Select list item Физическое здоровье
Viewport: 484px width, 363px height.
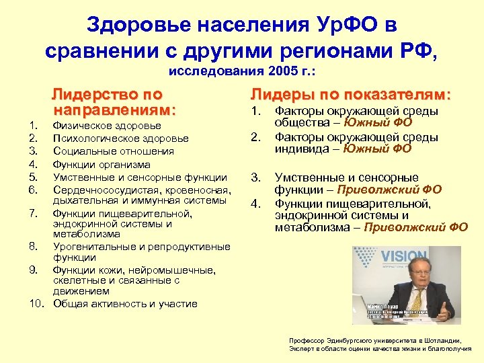click(107, 126)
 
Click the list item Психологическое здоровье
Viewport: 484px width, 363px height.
click(122, 138)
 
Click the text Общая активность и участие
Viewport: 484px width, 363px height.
click(125, 304)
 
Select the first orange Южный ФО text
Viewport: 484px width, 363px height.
click(378, 122)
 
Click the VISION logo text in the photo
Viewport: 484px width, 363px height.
click(403, 257)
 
